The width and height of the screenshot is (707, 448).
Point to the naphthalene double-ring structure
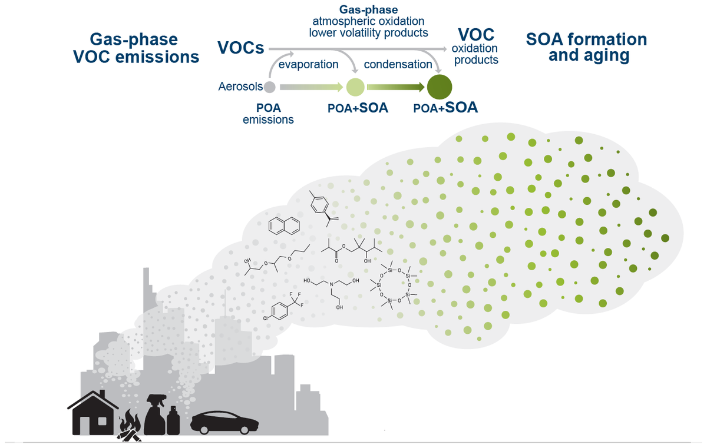[x=283, y=225]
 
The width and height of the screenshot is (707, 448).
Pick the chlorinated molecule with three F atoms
[x=287, y=307]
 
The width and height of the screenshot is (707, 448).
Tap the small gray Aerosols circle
[x=269, y=88]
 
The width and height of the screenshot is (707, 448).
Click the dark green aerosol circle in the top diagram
[x=439, y=88]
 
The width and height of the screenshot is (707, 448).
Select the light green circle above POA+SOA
[x=355, y=88]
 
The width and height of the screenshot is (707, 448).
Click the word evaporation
[x=308, y=64]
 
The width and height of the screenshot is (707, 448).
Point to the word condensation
[x=398, y=64]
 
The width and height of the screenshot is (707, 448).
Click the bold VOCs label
[x=240, y=48]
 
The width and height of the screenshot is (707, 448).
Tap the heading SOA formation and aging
[x=586, y=48]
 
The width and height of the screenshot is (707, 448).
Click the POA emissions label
[x=268, y=114]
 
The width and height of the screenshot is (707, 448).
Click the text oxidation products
[x=475, y=54]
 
